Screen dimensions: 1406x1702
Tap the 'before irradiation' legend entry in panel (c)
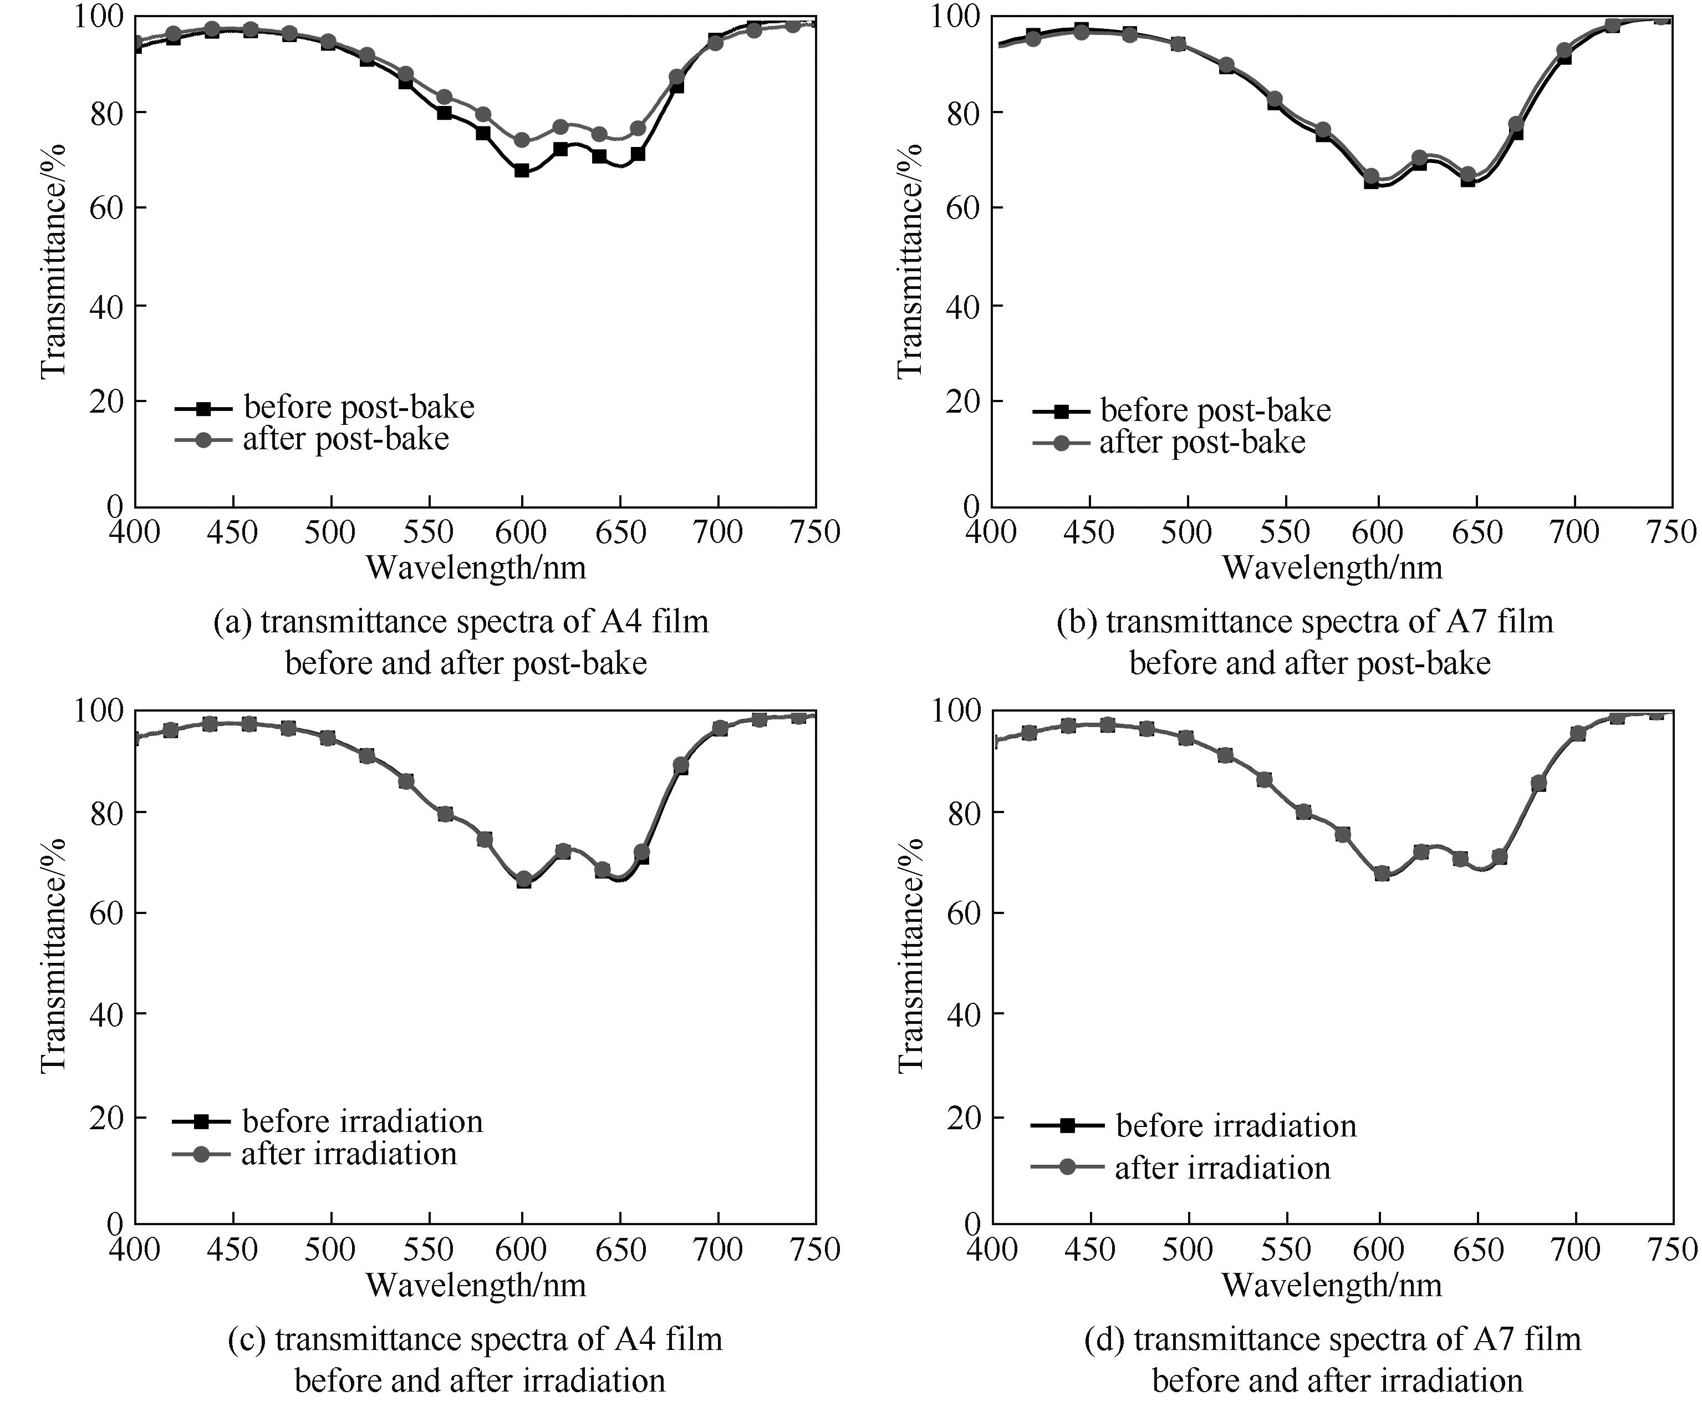(362, 1121)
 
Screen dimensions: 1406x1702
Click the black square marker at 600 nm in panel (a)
(522, 171)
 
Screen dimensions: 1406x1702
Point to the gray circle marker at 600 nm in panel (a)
(522, 140)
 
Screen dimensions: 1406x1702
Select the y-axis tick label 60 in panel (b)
(962, 208)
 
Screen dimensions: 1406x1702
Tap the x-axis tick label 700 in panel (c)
(718, 1249)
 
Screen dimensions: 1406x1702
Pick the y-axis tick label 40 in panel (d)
(962, 1014)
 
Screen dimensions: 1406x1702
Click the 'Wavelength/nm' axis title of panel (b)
(1332, 568)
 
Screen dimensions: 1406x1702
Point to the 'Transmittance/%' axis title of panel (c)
(53, 956)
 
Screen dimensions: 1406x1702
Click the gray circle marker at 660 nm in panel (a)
(638, 129)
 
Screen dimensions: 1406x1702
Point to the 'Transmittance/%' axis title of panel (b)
(910, 260)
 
